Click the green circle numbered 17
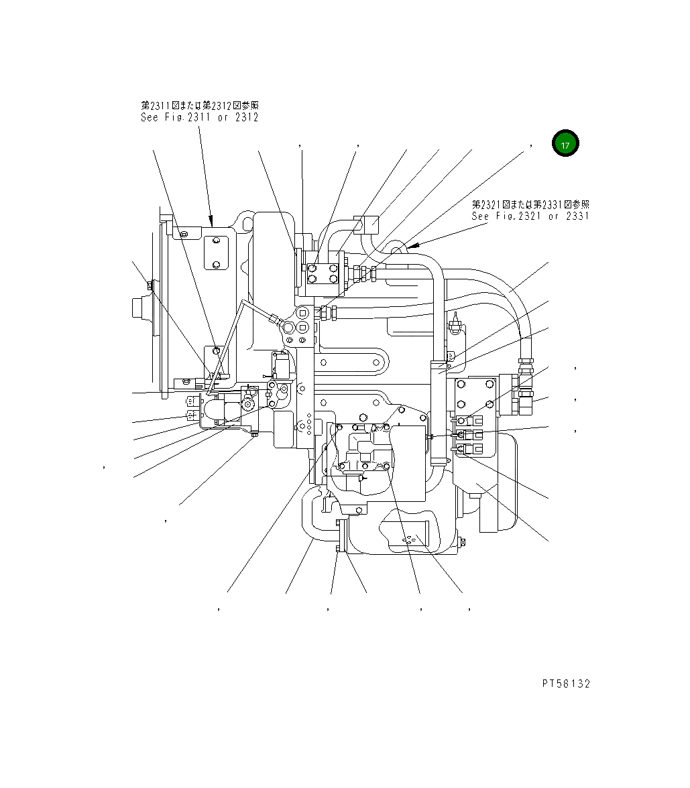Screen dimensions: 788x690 pyautogui.click(x=565, y=144)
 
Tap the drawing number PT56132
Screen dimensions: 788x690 pyautogui.click(x=566, y=683)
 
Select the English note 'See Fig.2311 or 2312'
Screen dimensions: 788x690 pyautogui.click(x=199, y=117)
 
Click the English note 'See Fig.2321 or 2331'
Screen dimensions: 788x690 pyautogui.click(x=530, y=216)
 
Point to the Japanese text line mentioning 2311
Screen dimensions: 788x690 pyautogui.click(x=199, y=105)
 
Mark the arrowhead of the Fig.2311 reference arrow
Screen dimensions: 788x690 pyautogui.click(x=211, y=221)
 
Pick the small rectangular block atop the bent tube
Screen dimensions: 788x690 pyautogui.click(x=369, y=223)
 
